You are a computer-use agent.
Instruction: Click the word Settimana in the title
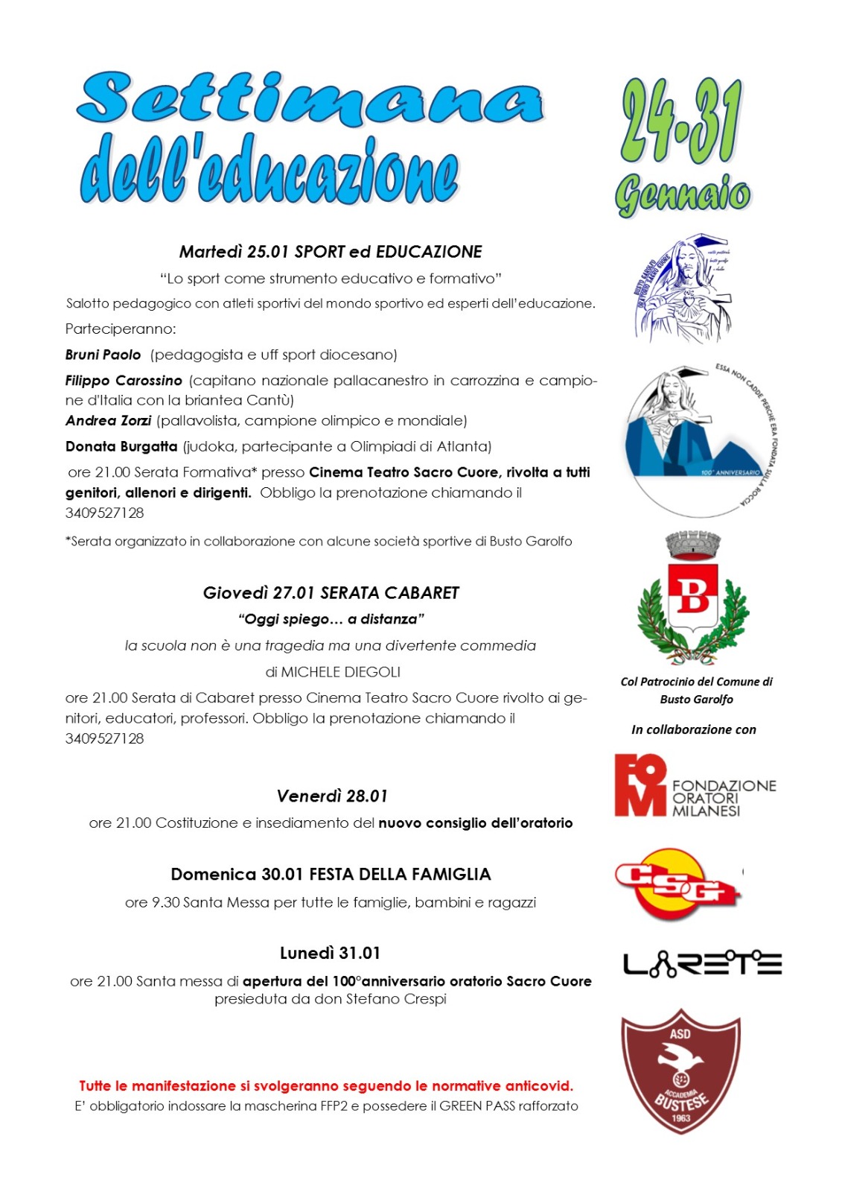pyautogui.click(x=310, y=99)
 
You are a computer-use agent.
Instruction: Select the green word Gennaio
pyautogui.click(x=682, y=195)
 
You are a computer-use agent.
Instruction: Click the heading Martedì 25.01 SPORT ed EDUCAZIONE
pyautogui.click(x=331, y=252)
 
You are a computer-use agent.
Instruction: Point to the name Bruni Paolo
pyautogui.click(x=103, y=355)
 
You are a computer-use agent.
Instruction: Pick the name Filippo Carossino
pyautogui.click(x=124, y=381)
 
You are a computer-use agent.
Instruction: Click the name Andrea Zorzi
pyautogui.click(x=109, y=421)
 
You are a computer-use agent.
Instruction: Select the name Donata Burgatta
pyautogui.click(x=121, y=447)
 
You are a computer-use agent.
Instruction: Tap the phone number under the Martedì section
pyautogui.click(x=105, y=513)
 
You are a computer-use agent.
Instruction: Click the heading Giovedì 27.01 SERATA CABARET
pyautogui.click(x=331, y=593)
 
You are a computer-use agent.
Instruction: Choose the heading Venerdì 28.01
pyautogui.click(x=332, y=796)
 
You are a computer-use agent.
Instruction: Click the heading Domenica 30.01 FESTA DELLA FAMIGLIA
pyautogui.click(x=331, y=875)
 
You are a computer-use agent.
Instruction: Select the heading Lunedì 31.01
pyautogui.click(x=330, y=954)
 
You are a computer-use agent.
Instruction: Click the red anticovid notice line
pyautogui.click(x=326, y=1086)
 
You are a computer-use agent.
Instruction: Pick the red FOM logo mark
pyautogui.click(x=640, y=785)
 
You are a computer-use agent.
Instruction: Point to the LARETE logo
pyautogui.click(x=702, y=963)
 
